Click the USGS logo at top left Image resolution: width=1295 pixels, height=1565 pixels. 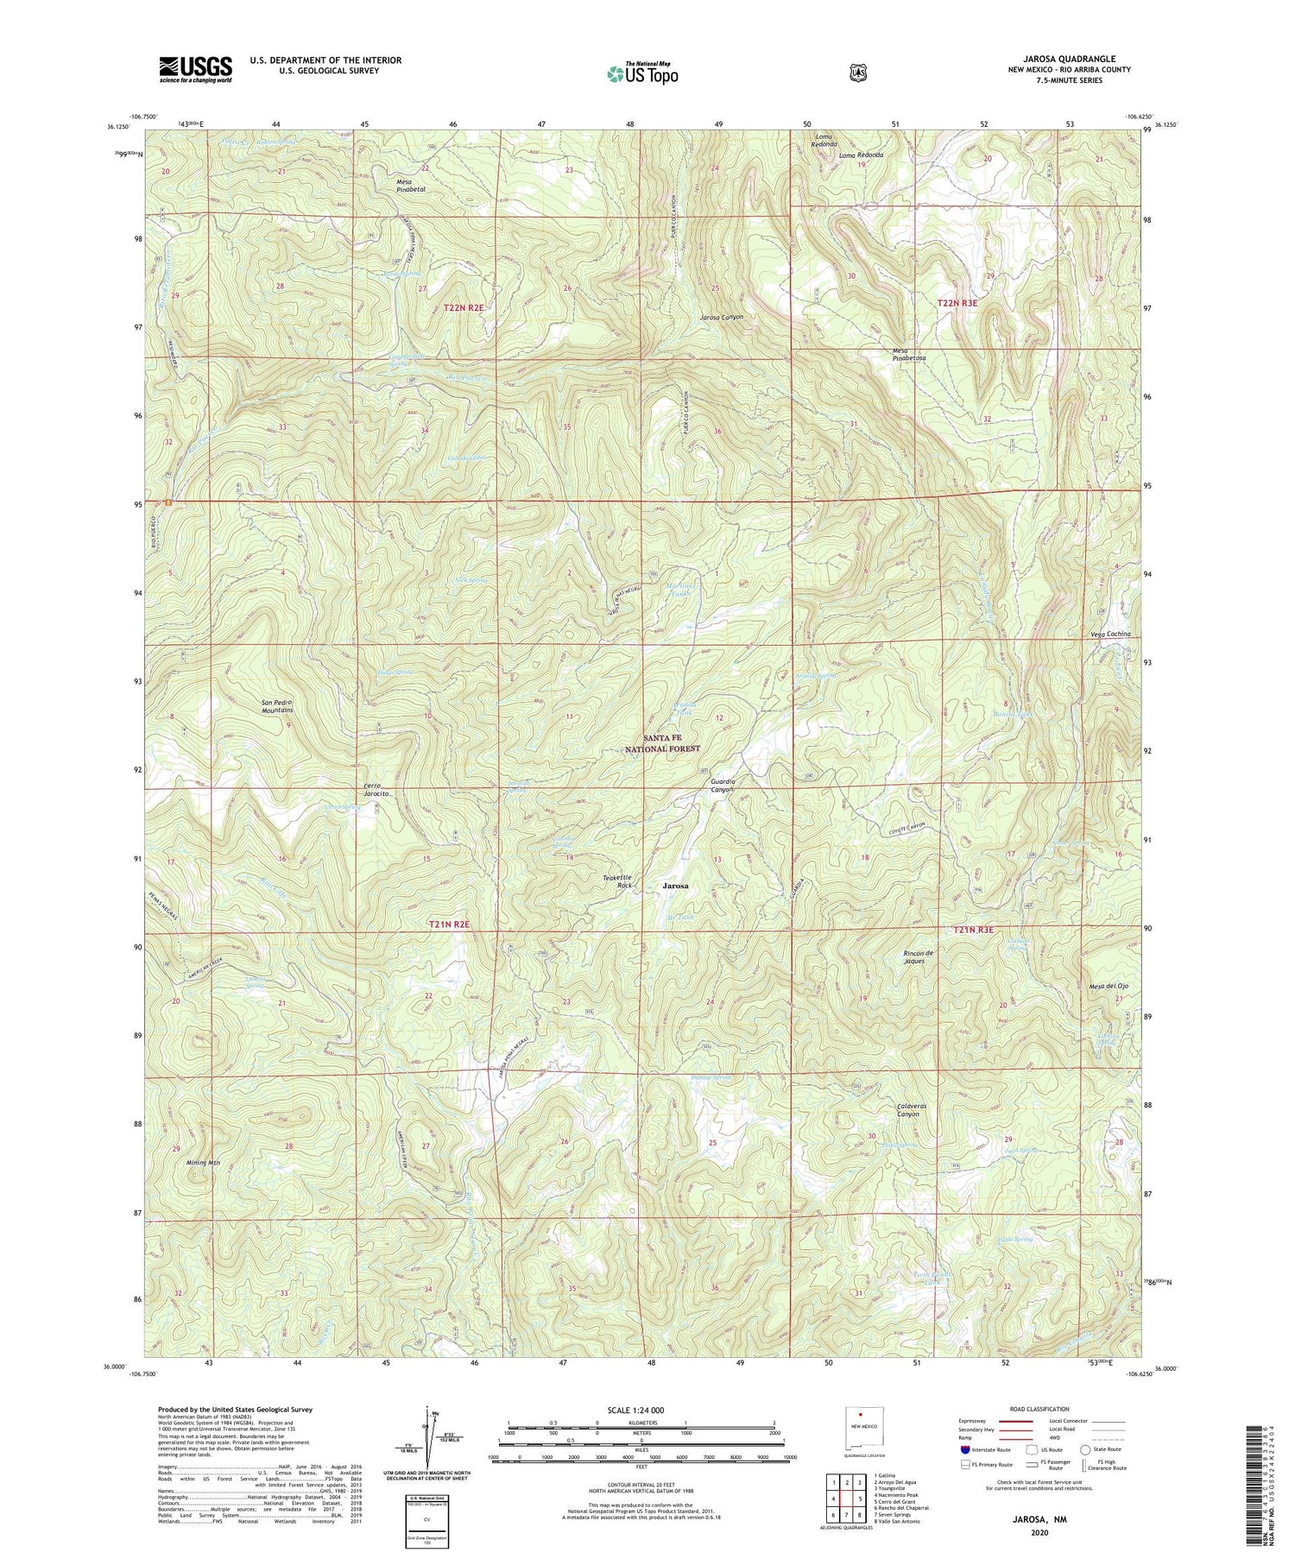click(x=195, y=69)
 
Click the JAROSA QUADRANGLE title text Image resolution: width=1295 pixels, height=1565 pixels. click(x=1069, y=60)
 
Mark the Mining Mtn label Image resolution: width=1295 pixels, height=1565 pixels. click(x=204, y=1163)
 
